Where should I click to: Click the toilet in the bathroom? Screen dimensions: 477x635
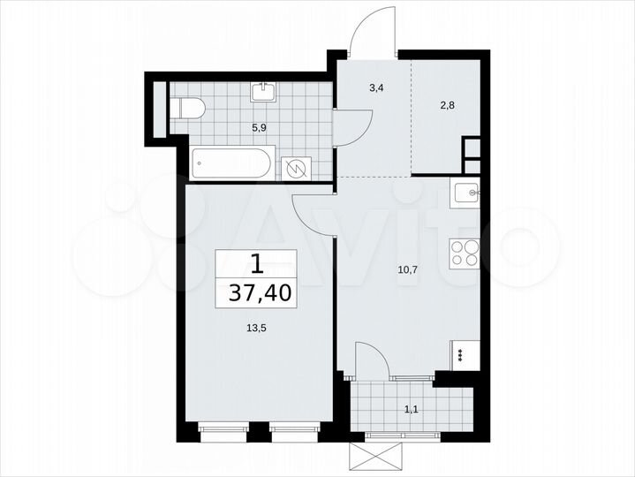coord(188,109)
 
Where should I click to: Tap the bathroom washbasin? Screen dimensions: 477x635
coord(263,92)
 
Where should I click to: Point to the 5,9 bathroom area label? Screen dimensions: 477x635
coord(259,127)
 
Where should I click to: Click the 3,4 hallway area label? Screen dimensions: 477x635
coord(374,87)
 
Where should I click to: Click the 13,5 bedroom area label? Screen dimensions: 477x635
coord(255,327)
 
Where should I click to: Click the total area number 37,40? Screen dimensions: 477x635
coord(256,292)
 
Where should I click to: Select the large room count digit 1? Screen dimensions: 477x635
coord(256,263)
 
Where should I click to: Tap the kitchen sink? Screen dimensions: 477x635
coord(465,191)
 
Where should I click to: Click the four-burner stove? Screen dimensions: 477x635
coord(465,254)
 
